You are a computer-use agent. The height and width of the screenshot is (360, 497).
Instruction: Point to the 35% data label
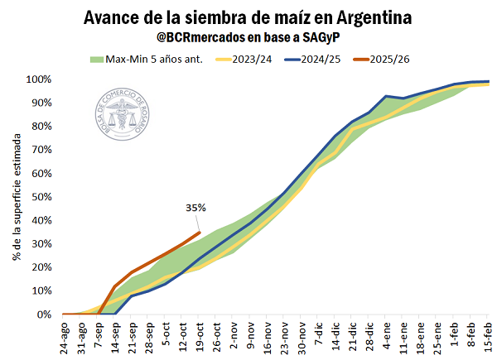point(195,209)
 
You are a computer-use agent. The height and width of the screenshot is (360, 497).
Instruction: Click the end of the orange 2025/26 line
point(200,233)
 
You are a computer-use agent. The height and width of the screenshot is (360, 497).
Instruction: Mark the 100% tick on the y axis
point(39,79)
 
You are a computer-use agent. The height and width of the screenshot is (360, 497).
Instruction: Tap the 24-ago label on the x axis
point(64,336)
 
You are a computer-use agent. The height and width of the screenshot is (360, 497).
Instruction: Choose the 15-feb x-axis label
point(488,336)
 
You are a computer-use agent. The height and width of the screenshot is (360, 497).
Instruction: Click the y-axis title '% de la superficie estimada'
point(17,197)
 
